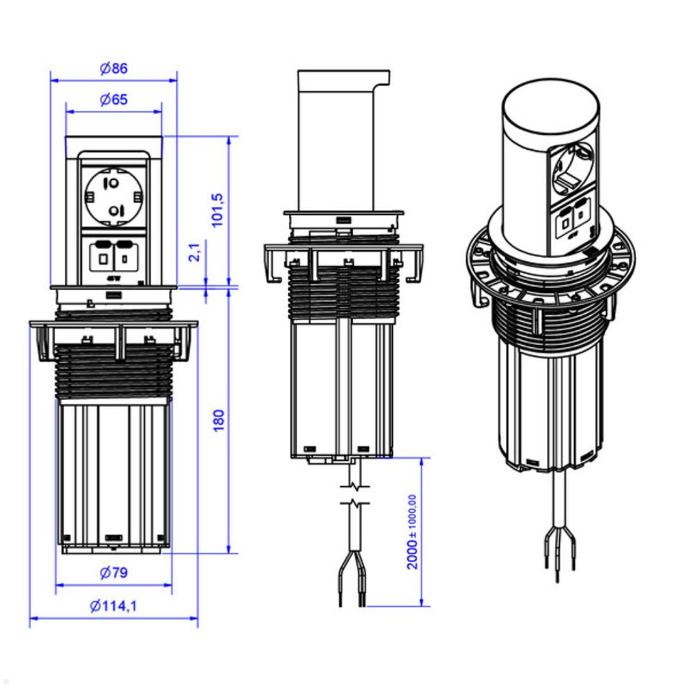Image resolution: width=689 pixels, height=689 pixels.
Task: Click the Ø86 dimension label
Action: [113, 68]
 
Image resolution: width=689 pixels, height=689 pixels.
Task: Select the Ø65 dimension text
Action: [113, 100]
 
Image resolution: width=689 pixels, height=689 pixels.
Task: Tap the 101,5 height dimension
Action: [219, 210]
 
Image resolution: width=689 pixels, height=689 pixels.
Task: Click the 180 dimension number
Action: [219, 420]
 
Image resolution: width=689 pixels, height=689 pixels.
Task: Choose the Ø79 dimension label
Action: [113, 572]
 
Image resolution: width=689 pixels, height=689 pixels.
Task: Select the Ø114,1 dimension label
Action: [113, 605]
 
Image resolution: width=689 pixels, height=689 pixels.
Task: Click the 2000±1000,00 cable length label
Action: [412, 532]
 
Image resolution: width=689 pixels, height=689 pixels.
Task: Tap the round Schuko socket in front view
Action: [114, 195]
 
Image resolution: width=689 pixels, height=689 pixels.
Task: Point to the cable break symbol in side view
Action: [357, 495]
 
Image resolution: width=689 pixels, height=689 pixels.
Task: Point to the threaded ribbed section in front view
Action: [114, 373]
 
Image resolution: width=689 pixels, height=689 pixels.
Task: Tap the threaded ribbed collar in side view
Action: [343, 296]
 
